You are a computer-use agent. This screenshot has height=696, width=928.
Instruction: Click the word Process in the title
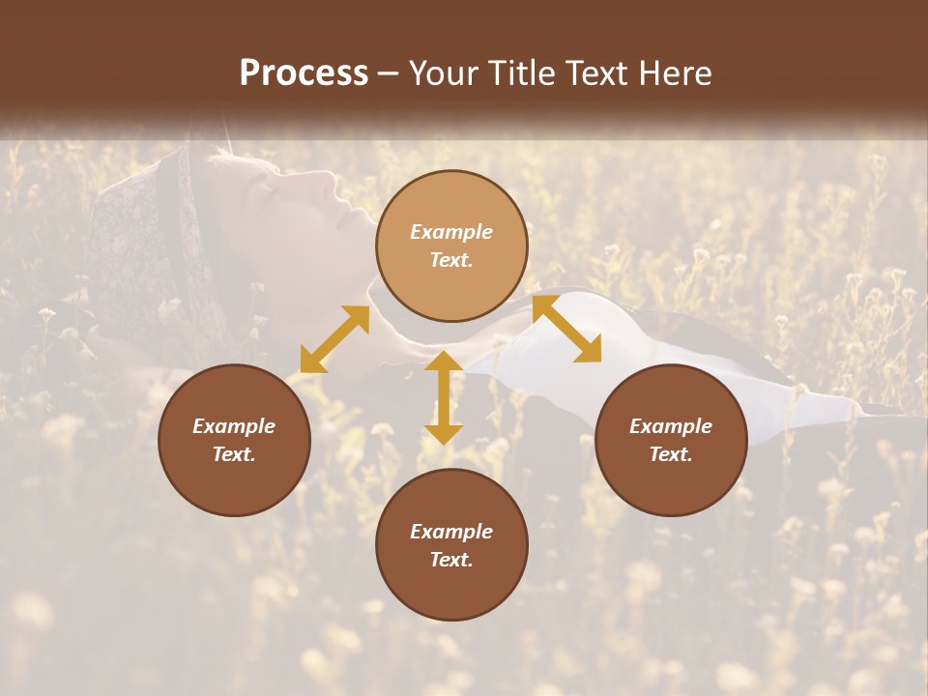[304, 73]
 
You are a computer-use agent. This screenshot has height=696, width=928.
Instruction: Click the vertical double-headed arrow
[444, 397]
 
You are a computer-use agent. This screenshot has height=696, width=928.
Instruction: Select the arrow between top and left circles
[334, 339]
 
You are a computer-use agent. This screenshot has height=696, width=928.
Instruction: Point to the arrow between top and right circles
[566, 329]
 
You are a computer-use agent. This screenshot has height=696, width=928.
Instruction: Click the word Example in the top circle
[451, 232]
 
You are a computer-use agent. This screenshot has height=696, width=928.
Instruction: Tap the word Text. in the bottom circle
[451, 560]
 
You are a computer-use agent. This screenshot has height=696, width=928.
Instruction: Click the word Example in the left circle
[234, 426]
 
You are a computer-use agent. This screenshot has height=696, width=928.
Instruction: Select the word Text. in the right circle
[671, 454]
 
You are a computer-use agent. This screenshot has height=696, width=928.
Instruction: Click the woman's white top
[541, 367]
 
